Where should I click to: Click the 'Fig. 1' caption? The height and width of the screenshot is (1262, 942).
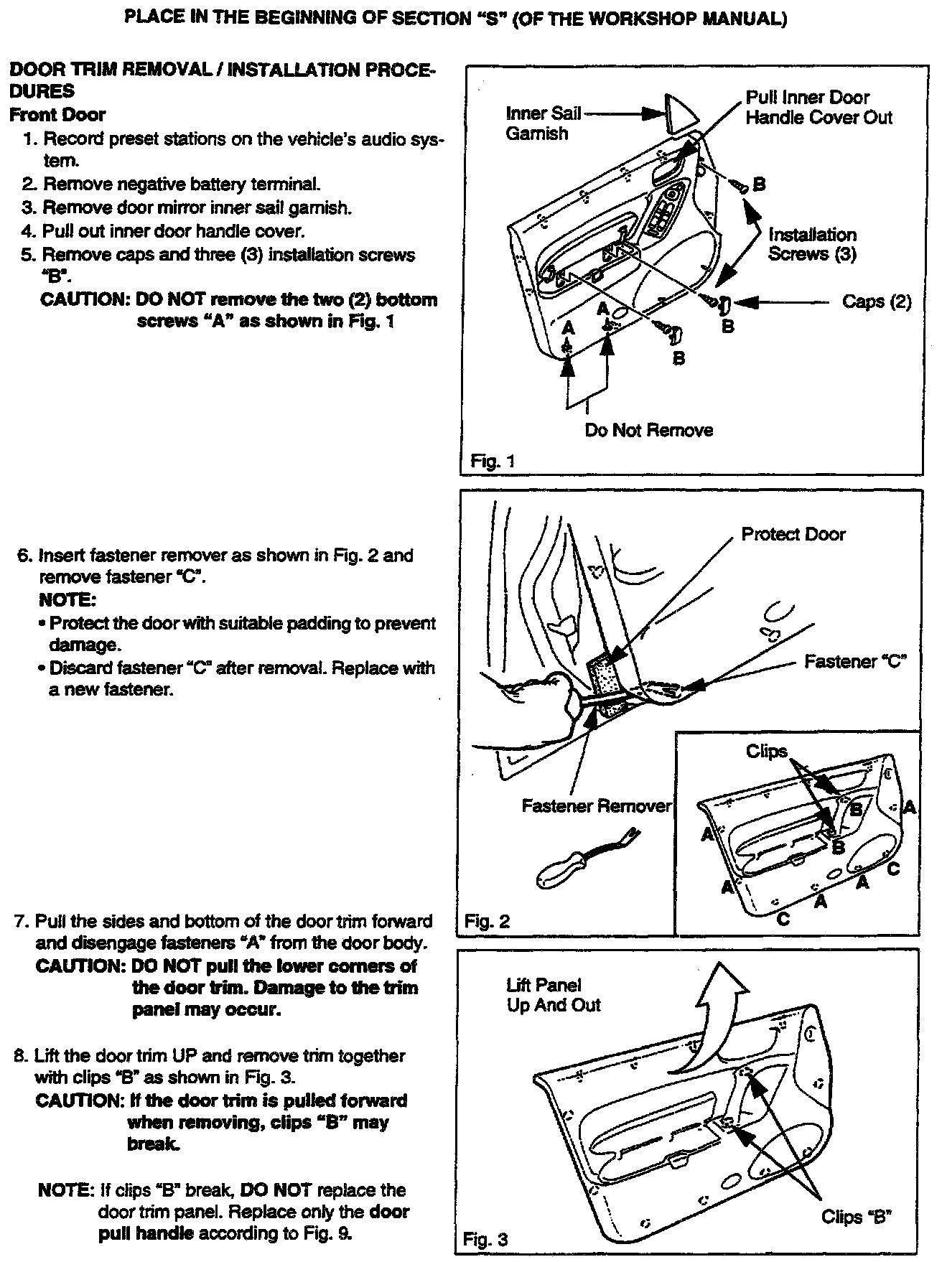tap(493, 461)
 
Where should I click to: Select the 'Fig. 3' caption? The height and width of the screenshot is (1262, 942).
tap(485, 1239)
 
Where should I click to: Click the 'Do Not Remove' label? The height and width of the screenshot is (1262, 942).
tap(648, 430)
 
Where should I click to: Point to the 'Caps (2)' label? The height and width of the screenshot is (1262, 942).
tap(877, 302)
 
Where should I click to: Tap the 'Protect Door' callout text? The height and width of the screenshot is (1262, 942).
tap(793, 534)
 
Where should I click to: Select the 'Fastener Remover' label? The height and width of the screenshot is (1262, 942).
tap(596, 806)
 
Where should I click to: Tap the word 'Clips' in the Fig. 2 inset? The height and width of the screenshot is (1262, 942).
tap(767, 751)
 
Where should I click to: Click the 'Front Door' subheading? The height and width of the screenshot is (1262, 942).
tap(57, 115)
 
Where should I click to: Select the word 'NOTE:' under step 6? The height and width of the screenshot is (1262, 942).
tap(67, 599)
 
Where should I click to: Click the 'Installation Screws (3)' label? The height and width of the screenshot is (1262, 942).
tap(812, 244)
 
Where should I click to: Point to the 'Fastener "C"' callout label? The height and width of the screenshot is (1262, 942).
tap(855, 661)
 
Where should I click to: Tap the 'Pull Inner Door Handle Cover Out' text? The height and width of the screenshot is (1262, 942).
tap(819, 108)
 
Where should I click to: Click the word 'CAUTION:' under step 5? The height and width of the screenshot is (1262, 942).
tap(85, 299)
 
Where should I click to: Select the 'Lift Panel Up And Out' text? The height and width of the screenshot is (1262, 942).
tap(553, 995)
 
